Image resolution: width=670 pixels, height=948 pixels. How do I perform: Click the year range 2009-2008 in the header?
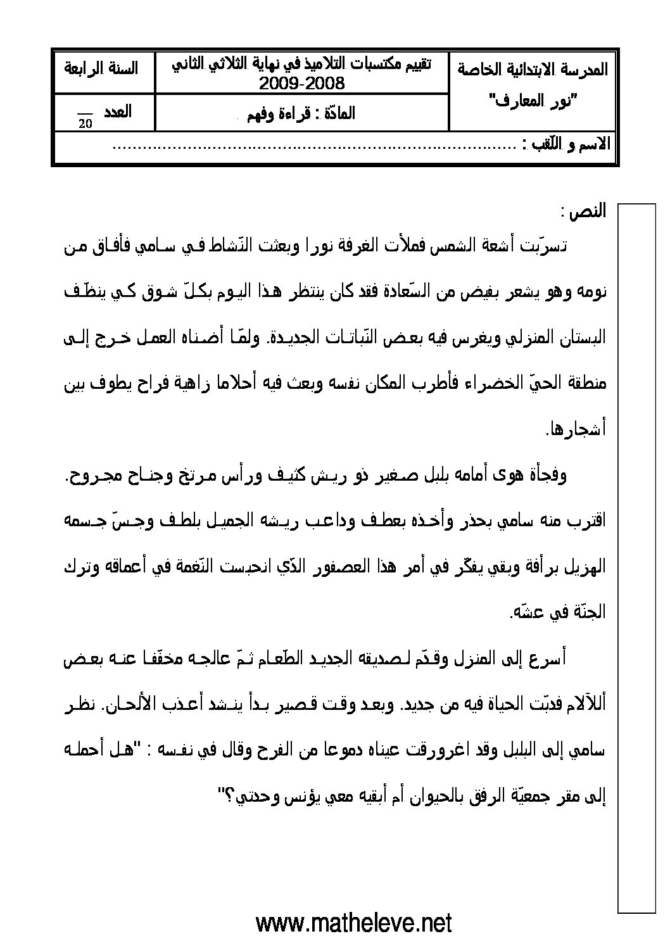(301, 84)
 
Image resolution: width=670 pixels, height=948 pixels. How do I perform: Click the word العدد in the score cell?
(118, 112)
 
